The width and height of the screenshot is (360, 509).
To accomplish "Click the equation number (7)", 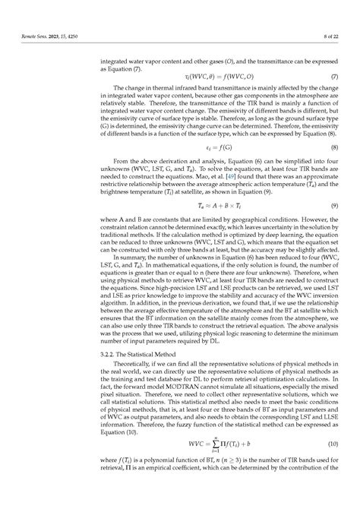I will click(x=334, y=77).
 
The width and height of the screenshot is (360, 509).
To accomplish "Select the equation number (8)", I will click(x=334, y=167).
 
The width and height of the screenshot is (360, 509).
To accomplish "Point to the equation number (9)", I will click(x=334, y=226).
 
